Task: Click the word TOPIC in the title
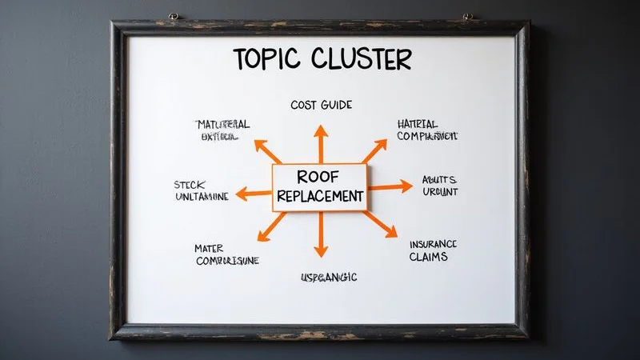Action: tap(266, 59)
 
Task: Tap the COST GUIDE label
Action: tap(320, 105)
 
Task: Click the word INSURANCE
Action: tap(433, 243)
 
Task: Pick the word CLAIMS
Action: tap(428, 257)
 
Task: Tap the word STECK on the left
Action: tap(189, 182)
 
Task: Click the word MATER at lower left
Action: tap(210, 248)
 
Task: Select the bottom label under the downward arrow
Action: tap(327, 277)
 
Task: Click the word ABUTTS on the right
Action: tap(438, 180)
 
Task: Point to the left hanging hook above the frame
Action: tap(173, 16)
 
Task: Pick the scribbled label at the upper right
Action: tap(428, 130)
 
